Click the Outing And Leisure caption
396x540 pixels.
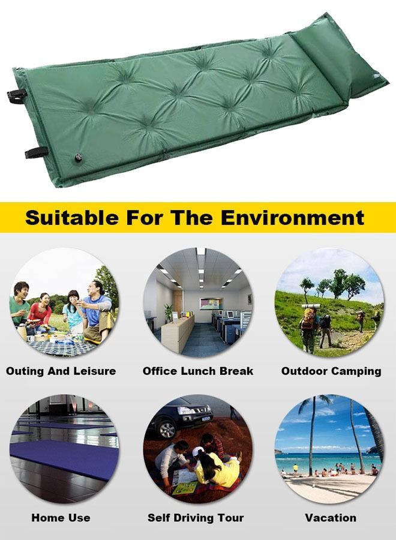[61, 371]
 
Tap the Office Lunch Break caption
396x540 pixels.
[198, 371]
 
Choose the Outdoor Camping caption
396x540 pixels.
[331, 371]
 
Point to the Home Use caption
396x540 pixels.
[61, 517]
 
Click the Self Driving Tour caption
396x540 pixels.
[196, 517]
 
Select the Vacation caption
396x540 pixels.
[331, 517]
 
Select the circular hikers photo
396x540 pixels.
[329, 302]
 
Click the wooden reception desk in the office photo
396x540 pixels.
[177, 332]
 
